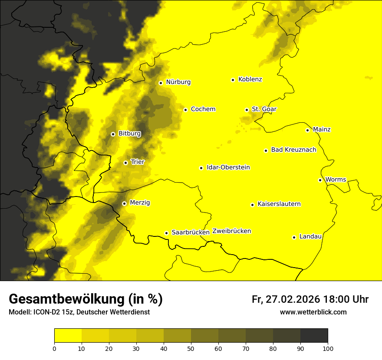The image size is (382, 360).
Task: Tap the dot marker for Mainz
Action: [x=307, y=130]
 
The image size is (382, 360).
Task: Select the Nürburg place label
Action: [x=178, y=82]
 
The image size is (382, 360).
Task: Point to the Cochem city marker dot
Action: [x=185, y=110]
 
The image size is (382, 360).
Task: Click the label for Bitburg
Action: [x=129, y=134]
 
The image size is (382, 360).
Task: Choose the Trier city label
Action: [x=138, y=162]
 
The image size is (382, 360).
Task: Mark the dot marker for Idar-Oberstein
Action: [x=201, y=168]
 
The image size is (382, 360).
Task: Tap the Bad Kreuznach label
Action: [x=293, y=150]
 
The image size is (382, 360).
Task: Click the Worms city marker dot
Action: [x=320, y=180]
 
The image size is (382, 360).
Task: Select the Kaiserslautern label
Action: [x=279, y=204]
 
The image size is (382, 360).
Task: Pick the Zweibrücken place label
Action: [x=231, y=231]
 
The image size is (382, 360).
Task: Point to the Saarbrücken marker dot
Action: [x=166, y=233]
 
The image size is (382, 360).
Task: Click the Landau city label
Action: [x=310, y=236]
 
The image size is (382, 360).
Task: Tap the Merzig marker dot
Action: [x=124, y=203]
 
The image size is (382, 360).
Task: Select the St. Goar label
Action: [x=264, y=109]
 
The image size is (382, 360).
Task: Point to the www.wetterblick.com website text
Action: [x=313, y=312]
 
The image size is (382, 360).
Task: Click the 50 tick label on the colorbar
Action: [x=191, y=348]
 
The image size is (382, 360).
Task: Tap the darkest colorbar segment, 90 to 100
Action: [x=314, y=336]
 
